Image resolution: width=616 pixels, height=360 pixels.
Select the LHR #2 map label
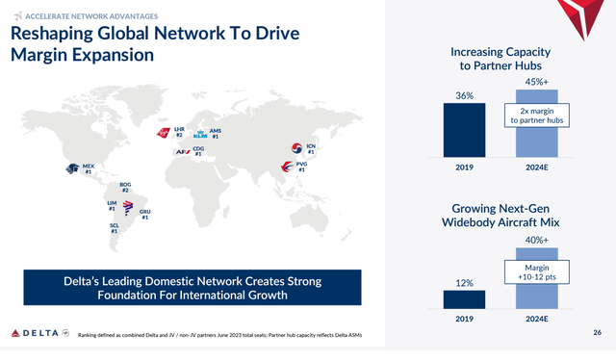pos(179,131)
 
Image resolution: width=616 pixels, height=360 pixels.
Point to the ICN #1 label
pos(310,148)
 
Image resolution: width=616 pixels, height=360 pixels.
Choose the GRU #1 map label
pos(145,214)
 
